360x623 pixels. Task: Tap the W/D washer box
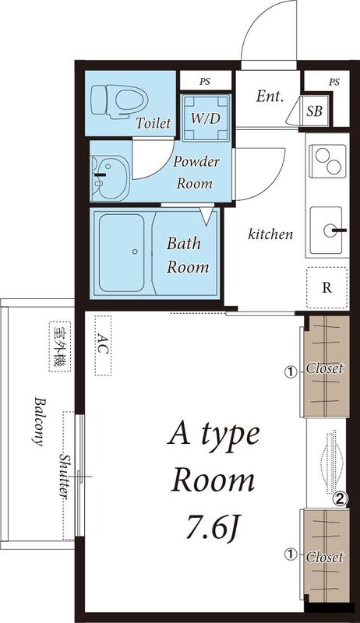[x=206, y=118]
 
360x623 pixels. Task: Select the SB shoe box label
[x=316, y=111]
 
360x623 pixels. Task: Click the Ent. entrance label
[x=269, y=97]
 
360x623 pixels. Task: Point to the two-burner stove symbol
[x=326, y=162]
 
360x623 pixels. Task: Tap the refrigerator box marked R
[x=326, y=286]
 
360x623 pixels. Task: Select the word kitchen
[x=270, y=234]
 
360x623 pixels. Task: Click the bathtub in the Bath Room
[x=123, y=252]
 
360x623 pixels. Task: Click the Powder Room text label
[x=196, y=172]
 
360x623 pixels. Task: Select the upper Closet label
[x=323, y=368]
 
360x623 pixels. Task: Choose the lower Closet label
[x=323, y=557]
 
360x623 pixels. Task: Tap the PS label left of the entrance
[x=205, y=80]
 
